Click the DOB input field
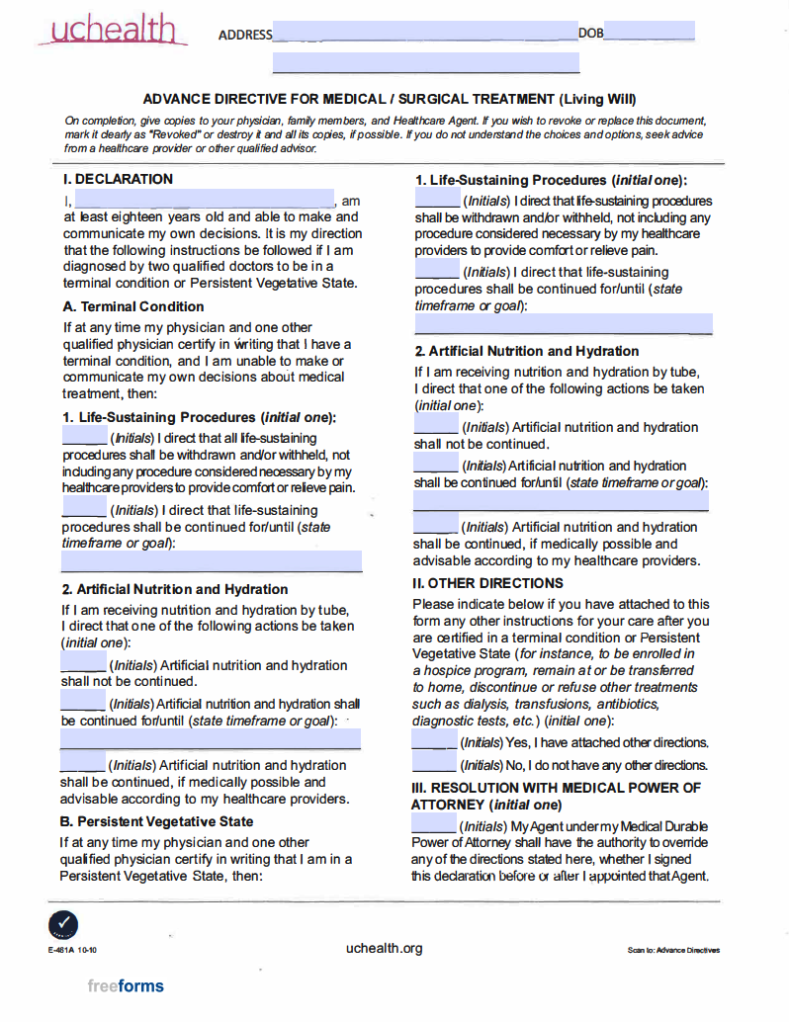tap(649, 33)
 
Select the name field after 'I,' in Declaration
tap(198, 200)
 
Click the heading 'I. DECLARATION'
tap(118, 179)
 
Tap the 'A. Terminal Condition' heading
tap(133, 306)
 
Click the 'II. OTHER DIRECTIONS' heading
tap(487, 583)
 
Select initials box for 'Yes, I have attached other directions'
tap(434, 742)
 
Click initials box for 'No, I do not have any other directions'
tap(434, 765)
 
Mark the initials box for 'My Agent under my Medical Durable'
tap(434, 825)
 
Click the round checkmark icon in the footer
tap(62, 925)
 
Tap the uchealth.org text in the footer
tap(385, 948)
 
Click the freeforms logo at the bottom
tap(126, 985)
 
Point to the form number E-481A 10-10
tap(71, 950)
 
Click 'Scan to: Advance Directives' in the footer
tap(673, 951)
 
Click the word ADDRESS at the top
tap(245, 35)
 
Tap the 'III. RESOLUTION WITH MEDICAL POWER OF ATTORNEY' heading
tap(556, 796)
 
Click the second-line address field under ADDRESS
tap(425, 63)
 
